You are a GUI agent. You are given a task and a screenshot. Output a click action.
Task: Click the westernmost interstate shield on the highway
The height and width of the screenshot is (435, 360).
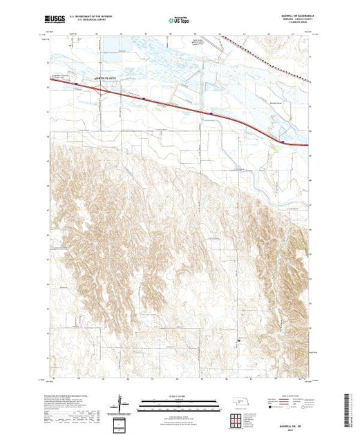[77, 84]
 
